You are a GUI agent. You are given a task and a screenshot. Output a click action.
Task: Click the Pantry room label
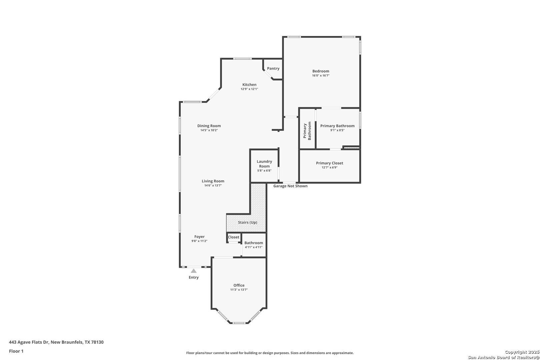click(x=273, y=68)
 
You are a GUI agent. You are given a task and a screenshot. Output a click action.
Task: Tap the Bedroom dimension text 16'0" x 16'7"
click(x=321, y=75)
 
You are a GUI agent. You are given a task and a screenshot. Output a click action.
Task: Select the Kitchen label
click(x=249, y=85)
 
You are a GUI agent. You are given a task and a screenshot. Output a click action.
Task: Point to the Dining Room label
click(x=209, y=126)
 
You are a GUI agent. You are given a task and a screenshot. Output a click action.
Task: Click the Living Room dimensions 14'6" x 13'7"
click(x=213, y=185)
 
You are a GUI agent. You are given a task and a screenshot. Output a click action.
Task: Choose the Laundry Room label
click(x=264, y=164)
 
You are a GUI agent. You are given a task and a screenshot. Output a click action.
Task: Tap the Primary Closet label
click(x=330, y=163)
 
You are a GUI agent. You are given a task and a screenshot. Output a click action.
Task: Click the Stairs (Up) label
click(x=248, y=222)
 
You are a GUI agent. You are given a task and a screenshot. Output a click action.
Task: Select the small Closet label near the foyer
click(x=234, y=237)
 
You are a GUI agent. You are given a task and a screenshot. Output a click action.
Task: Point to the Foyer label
click(x=199, y=237)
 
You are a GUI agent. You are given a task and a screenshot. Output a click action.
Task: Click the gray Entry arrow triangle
click(x=194, y=271)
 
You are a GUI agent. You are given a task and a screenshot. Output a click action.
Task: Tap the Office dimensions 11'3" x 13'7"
click(x=239, y=290)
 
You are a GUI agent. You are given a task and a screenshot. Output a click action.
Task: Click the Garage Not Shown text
click(x=290, y=186)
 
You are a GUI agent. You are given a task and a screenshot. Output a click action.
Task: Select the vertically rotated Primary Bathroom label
click(x=307, y=131)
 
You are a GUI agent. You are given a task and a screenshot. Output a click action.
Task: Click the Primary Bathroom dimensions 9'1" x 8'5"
click(x=337, y=130)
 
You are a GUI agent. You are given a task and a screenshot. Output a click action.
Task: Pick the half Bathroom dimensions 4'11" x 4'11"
click(x=254, y=247)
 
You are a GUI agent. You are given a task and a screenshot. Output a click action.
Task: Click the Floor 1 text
click(x=16, y=351)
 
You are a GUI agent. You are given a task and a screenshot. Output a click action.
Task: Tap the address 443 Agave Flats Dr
click(x=29, y=342)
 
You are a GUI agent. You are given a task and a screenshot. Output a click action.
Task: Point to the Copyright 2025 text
click(x=522, y=352)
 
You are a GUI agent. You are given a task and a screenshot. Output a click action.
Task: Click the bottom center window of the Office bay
click(x=239, y=323)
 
